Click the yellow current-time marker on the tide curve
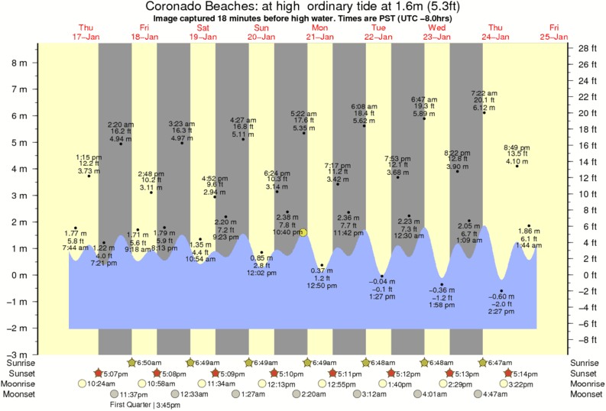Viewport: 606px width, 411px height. click(304, 231)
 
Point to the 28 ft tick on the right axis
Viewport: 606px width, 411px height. click(585, 48)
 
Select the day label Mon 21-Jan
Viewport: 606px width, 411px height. click(320, 32)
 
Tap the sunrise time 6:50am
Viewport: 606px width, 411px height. click(150, 362)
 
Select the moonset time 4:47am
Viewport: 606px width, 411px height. click(500, 394)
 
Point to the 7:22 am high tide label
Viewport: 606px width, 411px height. click(484, 93)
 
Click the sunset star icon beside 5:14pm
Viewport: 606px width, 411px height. click(509, 373)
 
